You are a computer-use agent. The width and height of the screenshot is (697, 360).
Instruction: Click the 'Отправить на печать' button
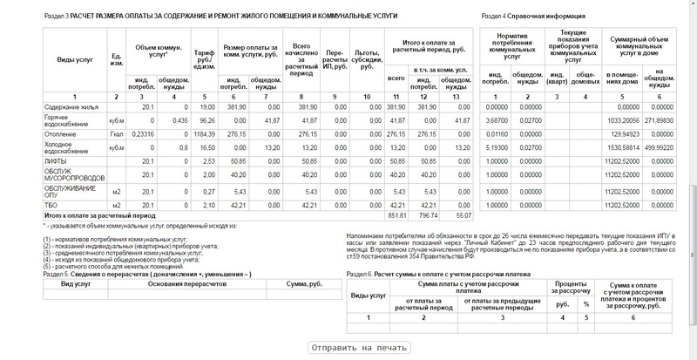click(x=358, y=348)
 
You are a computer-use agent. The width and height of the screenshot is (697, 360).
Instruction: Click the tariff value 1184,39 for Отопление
click(x=204, y=134)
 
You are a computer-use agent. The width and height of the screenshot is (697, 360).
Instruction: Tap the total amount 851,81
click(x=397, y=214)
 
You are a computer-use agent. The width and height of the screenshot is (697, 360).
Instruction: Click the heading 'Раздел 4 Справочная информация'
click(x=531, y=16)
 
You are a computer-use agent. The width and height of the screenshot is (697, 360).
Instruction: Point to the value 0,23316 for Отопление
click(x=142, y=134)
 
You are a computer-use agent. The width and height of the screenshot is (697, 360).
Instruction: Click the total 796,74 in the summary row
click(x=430, y=214)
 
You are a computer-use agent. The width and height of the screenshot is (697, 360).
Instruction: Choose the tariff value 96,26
click(x=205, y=120)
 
